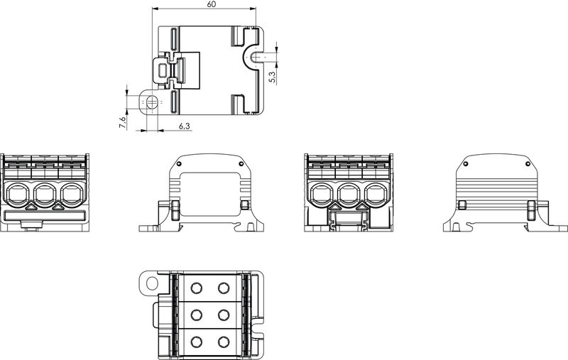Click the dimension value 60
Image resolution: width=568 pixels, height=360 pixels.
click(x=212, y=5)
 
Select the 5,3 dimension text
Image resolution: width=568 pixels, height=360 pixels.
click(x=272, y=76)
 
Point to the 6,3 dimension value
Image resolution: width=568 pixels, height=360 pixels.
click(x=184, y=126)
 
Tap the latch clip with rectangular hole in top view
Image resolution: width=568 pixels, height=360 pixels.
click(x=164, y=70)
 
